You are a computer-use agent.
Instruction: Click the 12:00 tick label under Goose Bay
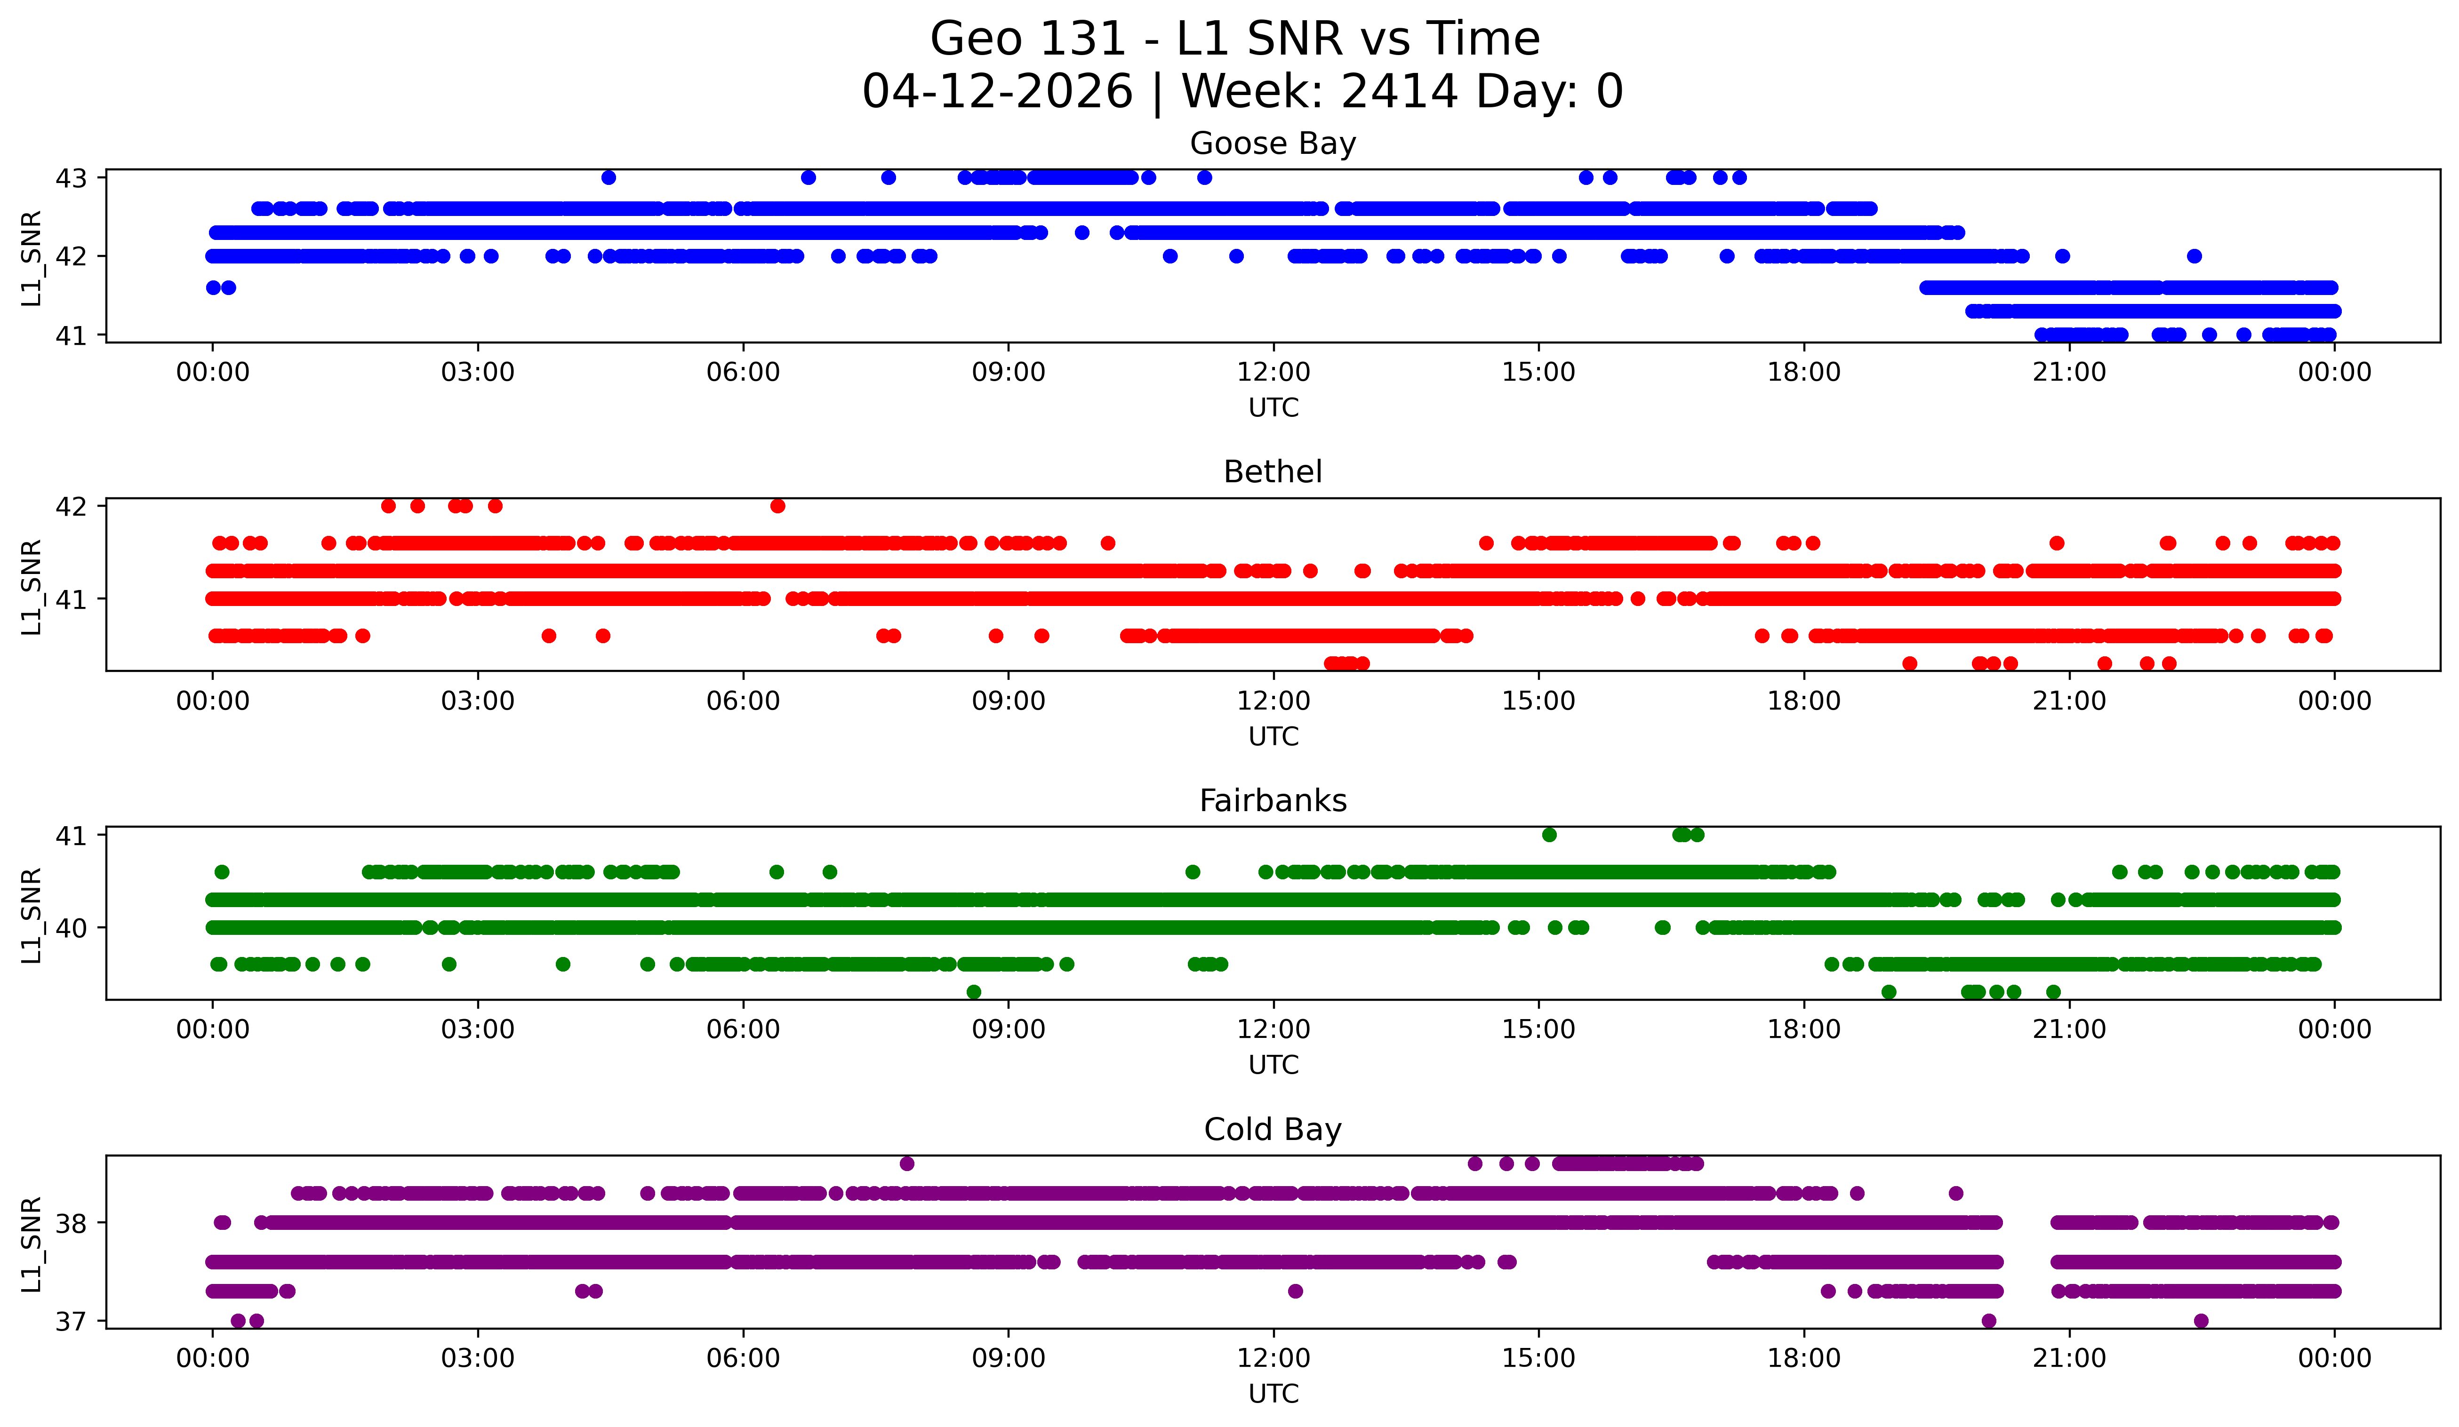click(x=1274, y=373)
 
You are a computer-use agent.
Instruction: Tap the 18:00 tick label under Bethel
click(x=1803, y=702)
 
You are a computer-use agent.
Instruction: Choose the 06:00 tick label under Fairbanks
click(x=744, y=1030)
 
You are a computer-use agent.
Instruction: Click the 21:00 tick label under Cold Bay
click(x=2069, y=1359)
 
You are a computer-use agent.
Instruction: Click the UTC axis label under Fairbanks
click(x=1274, y=1065)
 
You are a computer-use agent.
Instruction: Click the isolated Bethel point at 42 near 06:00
click(x=778, y=506)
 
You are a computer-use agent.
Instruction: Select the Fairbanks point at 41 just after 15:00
click(x=1550, y=835)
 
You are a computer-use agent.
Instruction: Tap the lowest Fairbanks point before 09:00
click(x=974, y=992)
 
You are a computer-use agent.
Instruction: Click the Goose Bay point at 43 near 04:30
click(x=609, y=177)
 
